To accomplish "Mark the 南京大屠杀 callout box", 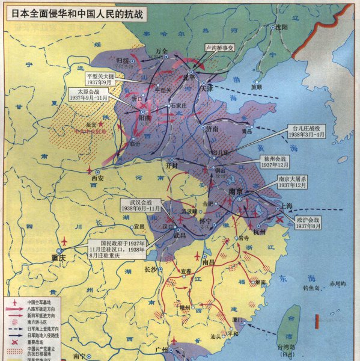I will (296, 182).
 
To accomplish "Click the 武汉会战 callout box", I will (139, 204).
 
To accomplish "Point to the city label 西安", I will (97, 178).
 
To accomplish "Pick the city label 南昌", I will (208, 262).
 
